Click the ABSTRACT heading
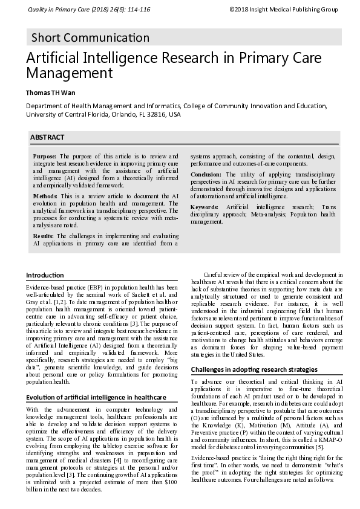[x=47, y=138]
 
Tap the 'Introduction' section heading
[x=45, y=276]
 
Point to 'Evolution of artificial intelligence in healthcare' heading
[x=95, y=397]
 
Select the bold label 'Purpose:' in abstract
[x=45, y=156]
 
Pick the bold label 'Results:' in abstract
[x=44, y=235]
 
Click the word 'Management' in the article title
[x=69, y=74]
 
